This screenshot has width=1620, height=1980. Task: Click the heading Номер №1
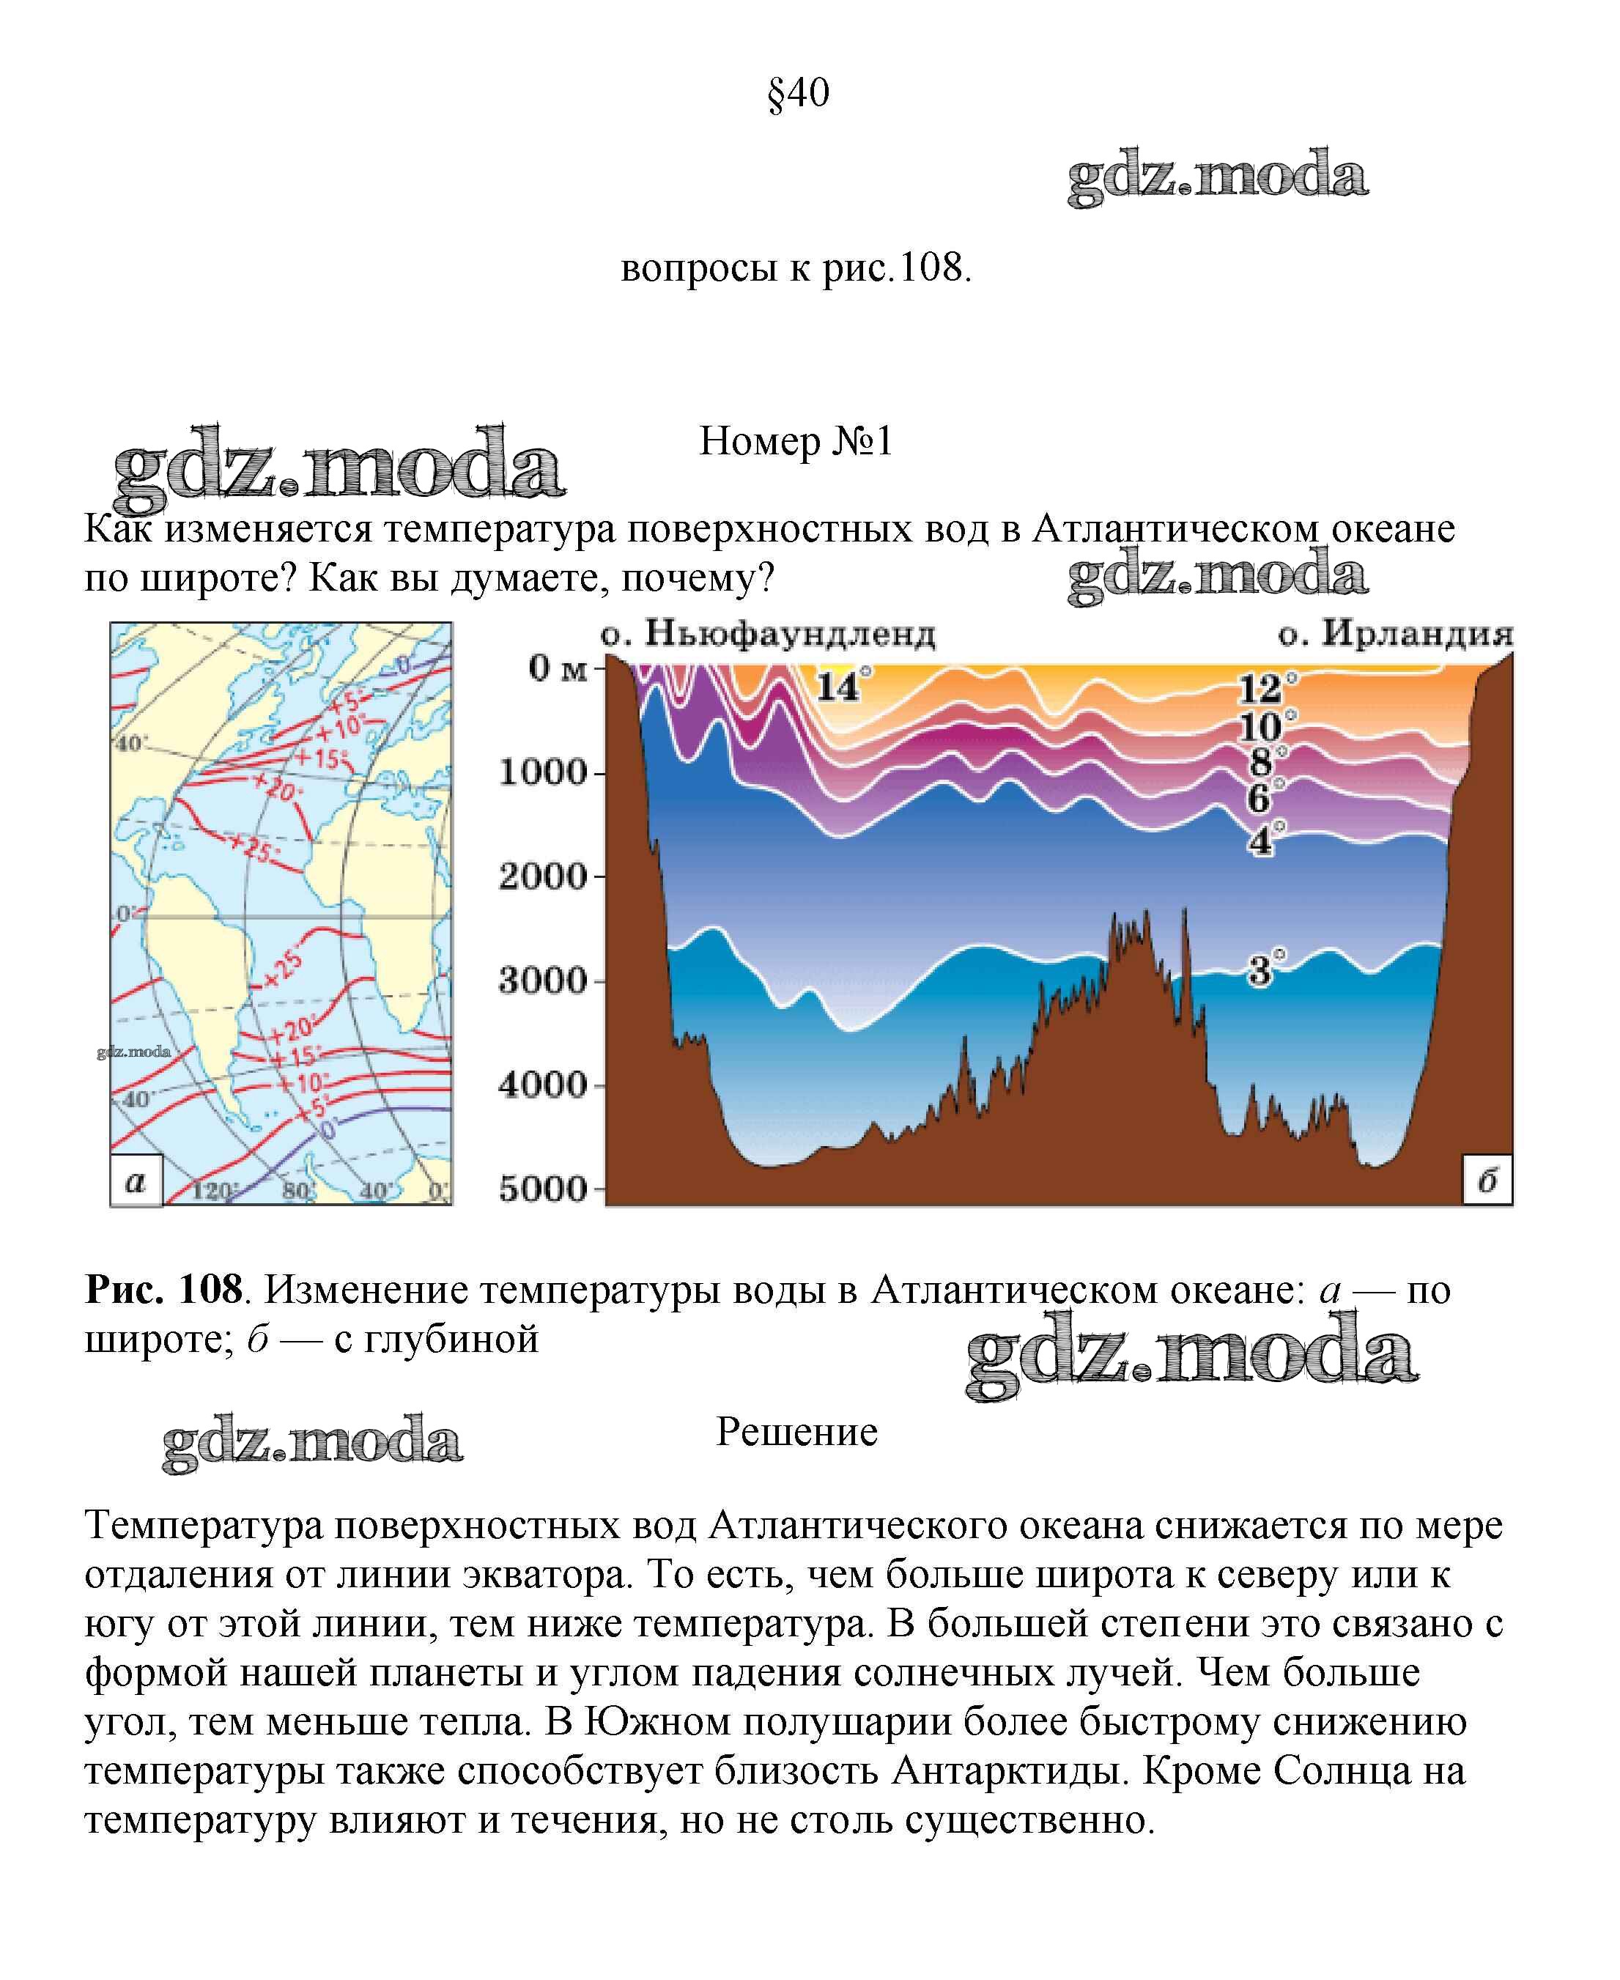796,441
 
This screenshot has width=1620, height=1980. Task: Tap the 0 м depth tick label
557,668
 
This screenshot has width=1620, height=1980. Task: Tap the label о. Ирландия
1395,635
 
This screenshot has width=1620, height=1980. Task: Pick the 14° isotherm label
842,687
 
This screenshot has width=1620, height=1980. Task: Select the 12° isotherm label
1265,689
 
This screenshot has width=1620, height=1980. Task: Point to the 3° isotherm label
1265,970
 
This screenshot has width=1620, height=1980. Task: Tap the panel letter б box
1487,1181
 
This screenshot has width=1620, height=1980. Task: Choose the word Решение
796,1431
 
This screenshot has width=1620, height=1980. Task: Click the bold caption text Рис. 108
164,1290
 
